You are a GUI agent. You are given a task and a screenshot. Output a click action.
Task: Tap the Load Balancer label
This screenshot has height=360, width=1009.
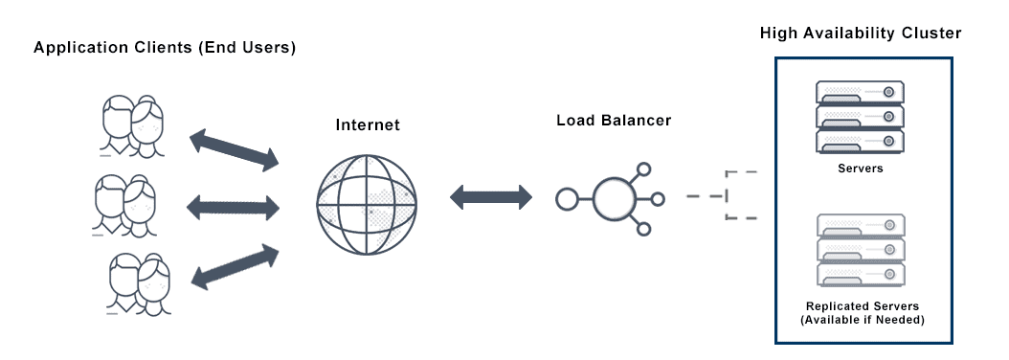614,122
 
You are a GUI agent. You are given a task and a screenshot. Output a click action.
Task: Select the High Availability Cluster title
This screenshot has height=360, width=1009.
861,34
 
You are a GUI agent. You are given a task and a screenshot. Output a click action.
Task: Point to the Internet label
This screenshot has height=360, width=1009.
368,125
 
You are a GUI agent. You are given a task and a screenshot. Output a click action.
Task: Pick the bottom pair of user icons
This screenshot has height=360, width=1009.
139,282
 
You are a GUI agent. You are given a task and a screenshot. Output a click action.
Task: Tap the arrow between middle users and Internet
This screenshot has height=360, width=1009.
235,204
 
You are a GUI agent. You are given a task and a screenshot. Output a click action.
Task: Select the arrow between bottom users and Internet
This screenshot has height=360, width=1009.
235,264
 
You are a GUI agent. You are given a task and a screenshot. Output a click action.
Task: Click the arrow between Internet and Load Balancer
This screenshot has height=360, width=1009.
491,198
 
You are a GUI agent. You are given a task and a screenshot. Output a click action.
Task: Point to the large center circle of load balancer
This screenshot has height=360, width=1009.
614,199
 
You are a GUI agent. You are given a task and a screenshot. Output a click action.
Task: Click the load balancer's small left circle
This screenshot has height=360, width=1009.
567,200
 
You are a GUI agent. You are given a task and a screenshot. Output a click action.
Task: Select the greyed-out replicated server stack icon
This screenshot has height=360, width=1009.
861,251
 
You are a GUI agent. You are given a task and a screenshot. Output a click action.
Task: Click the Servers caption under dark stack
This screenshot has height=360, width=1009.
861,169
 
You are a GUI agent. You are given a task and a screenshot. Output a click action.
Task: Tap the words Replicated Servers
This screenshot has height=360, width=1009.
863,306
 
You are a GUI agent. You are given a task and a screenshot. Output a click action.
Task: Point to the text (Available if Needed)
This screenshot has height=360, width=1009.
863,320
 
